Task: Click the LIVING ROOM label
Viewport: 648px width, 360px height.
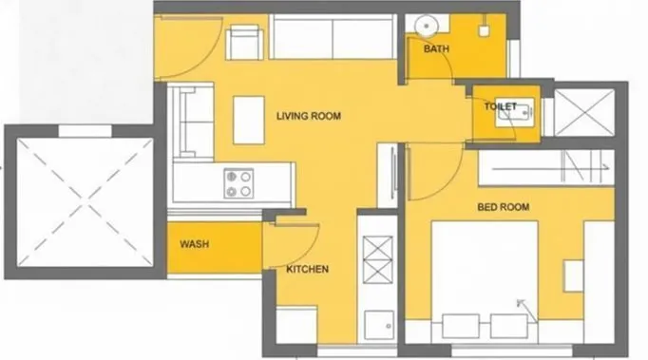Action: click(x=308, y=116)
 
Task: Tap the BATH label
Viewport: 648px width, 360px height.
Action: click(x=436, y=48)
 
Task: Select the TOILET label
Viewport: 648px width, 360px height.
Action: click(x=501, y=107)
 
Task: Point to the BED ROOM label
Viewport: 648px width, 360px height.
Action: click(x=503, y=206)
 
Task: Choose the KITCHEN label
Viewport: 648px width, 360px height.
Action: click(x=307, y=270)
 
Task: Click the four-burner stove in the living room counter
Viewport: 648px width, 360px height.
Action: click(x=238, y=182)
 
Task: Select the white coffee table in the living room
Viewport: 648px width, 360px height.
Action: click(x=248, y=119)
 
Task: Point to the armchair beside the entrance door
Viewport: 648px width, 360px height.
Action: click(x=244, y=43)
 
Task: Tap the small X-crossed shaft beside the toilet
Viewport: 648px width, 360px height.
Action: click(x=585, y=112)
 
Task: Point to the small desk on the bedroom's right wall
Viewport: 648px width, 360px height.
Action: click(x=573, y=275)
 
